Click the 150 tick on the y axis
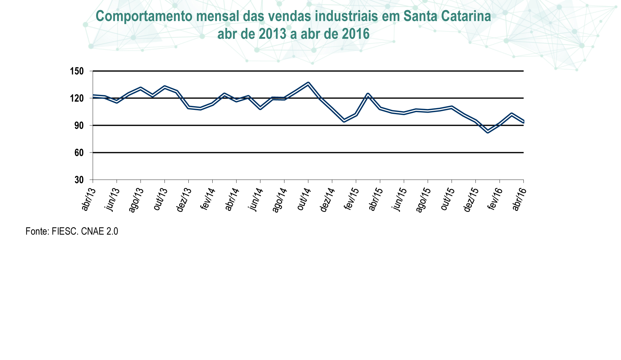(79, 71)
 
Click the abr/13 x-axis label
(88, 200)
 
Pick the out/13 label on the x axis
(160, 200)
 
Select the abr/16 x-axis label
(519, 200)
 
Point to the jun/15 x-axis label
(399, 200)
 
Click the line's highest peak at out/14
(308, 84)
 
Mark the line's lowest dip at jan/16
(487, 131)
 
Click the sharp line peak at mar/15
(368, 94)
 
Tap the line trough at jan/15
(344, 121)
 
